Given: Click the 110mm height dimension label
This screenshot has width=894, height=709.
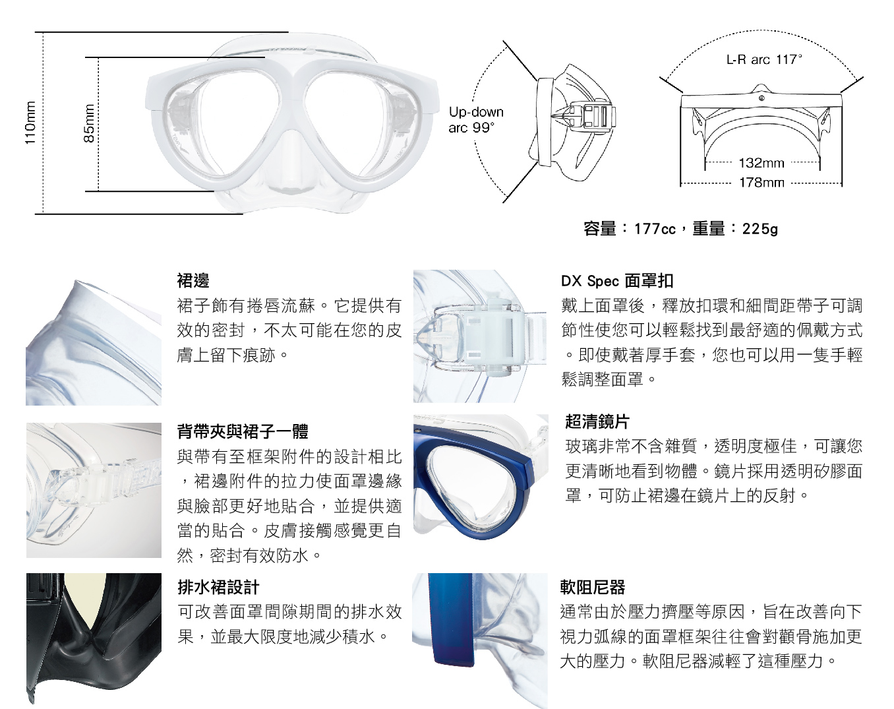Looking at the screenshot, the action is click(x=30, y=123).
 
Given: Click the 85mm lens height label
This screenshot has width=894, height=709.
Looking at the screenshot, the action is click(x=88, y=123).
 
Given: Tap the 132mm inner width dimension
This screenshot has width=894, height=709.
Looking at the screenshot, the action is click(x=761, y=163).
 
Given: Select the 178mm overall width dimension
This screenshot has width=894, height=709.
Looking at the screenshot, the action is click(x=761, y=183).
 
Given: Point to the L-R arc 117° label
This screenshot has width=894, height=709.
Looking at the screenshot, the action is click(x=763, y=59).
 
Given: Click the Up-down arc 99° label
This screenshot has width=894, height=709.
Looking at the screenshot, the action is click(x=475, y=119).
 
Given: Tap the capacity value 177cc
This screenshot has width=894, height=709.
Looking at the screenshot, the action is click(x=655, y=229).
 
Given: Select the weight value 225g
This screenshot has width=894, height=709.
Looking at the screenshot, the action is click(x=760, y=229).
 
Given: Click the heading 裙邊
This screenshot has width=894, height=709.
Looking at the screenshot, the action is click(x=193, y=280).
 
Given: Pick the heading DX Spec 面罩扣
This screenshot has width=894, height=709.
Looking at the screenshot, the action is click(x=617, y=282).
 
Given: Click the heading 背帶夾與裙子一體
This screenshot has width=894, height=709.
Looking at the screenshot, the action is click(x=243, y=432).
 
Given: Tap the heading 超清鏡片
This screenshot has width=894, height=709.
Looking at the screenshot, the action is click(x=597, y=422).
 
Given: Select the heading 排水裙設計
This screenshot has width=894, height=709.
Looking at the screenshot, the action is click(x=218, y=587).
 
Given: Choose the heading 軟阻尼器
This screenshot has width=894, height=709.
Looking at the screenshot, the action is click(x=593, y=587).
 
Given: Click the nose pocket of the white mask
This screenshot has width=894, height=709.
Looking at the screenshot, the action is click(x=292, y=160).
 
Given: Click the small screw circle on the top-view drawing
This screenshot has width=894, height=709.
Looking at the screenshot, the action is click(x=761, y=98).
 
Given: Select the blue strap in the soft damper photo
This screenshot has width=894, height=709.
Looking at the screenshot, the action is click(x=451, y=620).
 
